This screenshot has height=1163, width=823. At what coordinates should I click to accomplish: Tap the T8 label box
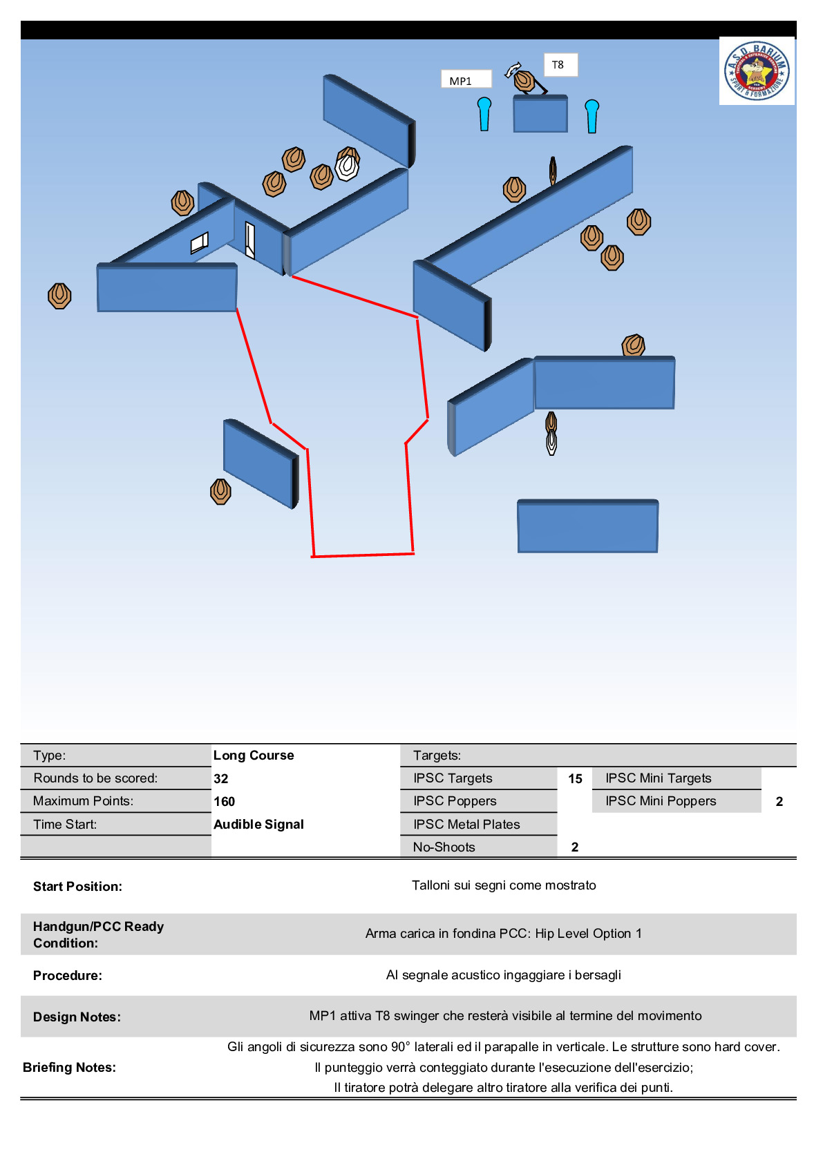click(x=560, y=65)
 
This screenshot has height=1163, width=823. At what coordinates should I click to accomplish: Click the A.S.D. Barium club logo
click(x=757, y=70)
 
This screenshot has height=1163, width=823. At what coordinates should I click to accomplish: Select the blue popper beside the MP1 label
click(x=484, y=113)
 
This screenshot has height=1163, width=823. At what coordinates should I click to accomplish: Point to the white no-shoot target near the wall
click(x=347, y=167)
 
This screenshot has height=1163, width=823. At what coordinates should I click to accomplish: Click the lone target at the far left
click(x=59, y=296)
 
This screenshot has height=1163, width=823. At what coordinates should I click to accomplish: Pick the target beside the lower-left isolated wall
click(x=220, y=492)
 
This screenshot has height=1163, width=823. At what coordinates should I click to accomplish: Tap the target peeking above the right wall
click(x=633, y=345)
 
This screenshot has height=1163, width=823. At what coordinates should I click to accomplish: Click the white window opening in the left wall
click(x=199, y=242)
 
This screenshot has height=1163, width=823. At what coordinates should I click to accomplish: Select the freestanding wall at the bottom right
click(x=587, y=527)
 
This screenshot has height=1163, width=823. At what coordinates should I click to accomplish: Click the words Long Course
click(x=254, y=755)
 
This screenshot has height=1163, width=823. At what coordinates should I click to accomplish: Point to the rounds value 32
click(x=221, y=778)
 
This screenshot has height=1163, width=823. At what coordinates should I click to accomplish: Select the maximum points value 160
click(x=225, y=801)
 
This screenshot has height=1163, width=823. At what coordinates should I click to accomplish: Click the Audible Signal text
click(x=258, y=824)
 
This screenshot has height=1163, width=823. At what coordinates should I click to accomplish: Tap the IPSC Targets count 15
click(x=575, y=778)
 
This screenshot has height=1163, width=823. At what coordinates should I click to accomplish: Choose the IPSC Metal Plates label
click(x=466, y=824)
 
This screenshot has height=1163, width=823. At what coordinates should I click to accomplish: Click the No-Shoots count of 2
click(x=575, y=847)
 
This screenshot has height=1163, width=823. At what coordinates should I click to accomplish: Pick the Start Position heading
click(x=77, y=886)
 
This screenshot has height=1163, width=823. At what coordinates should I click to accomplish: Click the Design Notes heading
click(x=77, y=1017)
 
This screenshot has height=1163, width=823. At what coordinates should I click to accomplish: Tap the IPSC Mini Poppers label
click(x=661, y=801)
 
